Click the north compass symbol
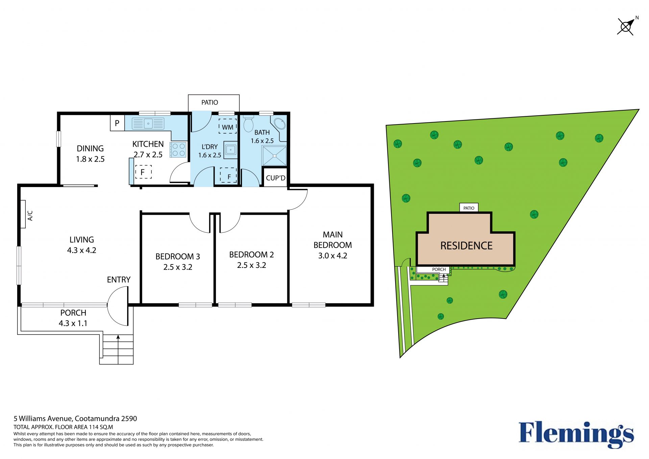[x=626, y=26]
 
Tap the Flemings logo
[x=576, y=434]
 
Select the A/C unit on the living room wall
[x=23, y=214]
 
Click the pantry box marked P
[x=117, y=123]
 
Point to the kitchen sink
[x=148, y=123]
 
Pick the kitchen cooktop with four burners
[x=178, y=150]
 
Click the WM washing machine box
[x=227, y=127]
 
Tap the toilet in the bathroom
[x=248, y=124]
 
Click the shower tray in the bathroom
[x=274, y=156]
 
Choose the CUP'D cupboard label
[x=275, y=178]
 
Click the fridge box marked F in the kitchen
[x=143, y=172]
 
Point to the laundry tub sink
[x=231, y=150]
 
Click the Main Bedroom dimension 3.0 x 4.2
[x=333, y=256]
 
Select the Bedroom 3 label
[x=178, y=256]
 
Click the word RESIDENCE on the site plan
[x=466, y=246]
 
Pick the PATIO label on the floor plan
[x=210, y=102]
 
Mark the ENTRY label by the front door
[x=119, y=280]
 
